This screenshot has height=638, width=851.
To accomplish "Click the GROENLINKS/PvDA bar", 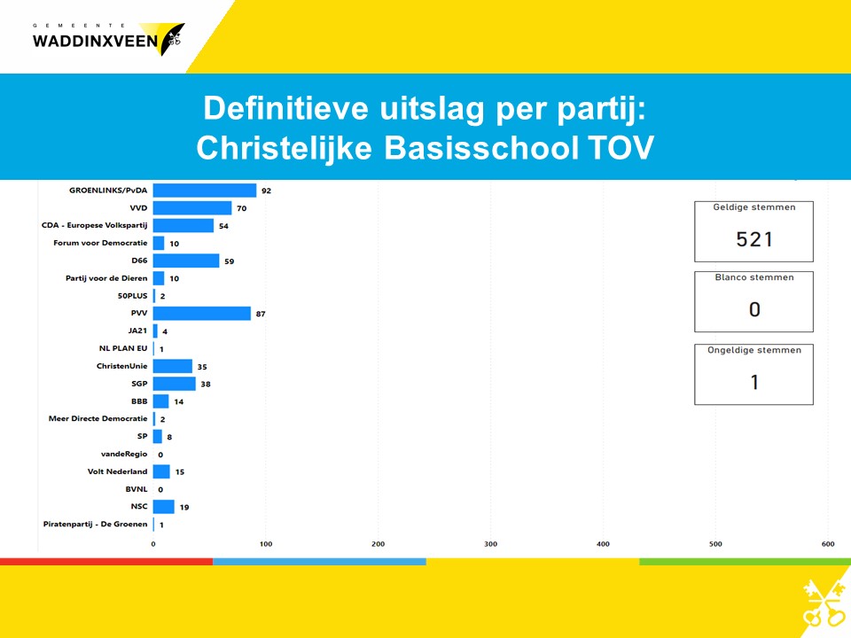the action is tap(205, 191).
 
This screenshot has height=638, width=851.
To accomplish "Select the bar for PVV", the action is tap(202, 314).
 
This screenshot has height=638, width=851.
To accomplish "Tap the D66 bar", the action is tap(186, 261).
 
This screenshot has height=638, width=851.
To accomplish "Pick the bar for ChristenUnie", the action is tap(173, 366).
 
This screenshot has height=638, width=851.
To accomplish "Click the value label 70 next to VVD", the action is tap(241, 208).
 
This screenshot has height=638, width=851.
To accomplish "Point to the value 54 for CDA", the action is tap(223, 226).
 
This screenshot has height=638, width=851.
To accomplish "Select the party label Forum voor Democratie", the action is tap(100, 243).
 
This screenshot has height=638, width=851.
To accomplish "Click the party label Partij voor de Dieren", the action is tap(106, 278).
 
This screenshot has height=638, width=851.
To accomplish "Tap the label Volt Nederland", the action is tap(117, 471).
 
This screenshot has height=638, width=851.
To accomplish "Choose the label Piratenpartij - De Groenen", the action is tap(96, 524).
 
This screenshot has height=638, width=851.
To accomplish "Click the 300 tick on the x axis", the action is tap(490, 544).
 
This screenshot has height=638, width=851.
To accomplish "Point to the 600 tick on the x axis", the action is tap(828, 544).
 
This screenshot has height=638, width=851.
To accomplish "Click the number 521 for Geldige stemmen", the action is tap(753, 239).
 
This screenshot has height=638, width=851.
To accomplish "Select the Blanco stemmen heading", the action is tap(754, 277).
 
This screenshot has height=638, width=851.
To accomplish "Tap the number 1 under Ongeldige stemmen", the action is tap(754, 383).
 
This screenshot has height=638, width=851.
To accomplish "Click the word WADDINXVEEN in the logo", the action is tap(95, 42).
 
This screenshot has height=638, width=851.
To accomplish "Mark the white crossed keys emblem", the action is tap(824, 603).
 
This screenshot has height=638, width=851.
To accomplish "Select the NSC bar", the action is tap(163, 507).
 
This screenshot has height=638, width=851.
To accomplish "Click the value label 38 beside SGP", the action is tap(206, 384).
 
